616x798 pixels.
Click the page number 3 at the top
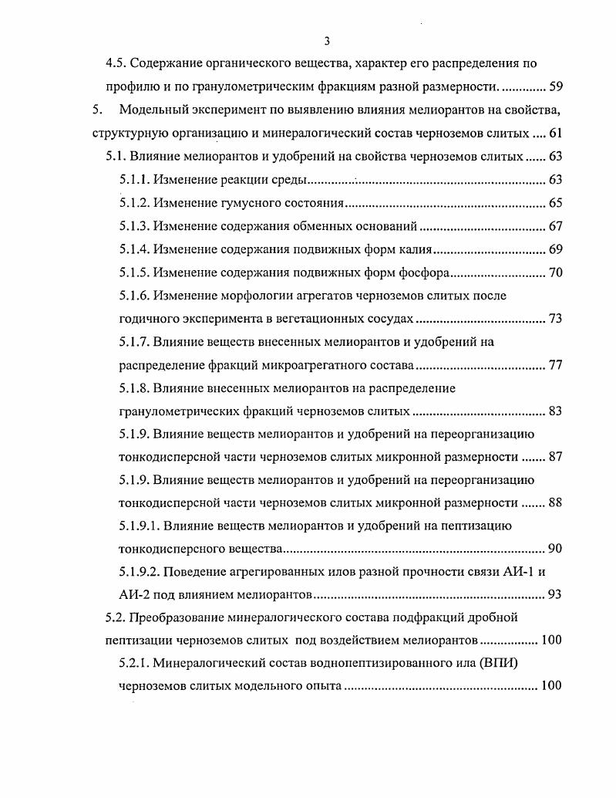coord(327,41)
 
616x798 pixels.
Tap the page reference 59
coord(555,86)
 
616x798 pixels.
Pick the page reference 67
coord(555,226)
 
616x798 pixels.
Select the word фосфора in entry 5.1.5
coord(426,272)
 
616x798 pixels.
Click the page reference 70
coord(555,272)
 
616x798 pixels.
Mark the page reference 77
coord(555,365)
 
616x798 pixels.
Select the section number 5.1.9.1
coord(140,526)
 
